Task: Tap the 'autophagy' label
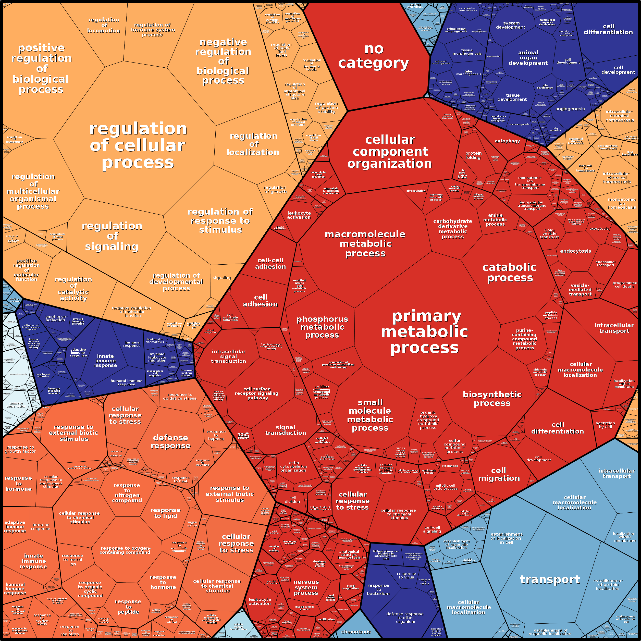point(507,141)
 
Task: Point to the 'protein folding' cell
point(473,155)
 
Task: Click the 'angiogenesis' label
point(570,109)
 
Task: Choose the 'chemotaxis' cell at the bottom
point(356,632)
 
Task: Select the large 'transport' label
point(550,580)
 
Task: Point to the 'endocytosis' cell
point(576,251)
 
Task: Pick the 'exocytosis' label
point(599,229)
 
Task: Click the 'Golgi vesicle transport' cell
point(549,233)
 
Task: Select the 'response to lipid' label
point(165,513)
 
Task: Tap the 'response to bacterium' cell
point(378,589)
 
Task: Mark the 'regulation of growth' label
point(275,189)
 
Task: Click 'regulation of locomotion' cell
point(104,25)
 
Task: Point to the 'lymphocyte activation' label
point(56,318)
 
